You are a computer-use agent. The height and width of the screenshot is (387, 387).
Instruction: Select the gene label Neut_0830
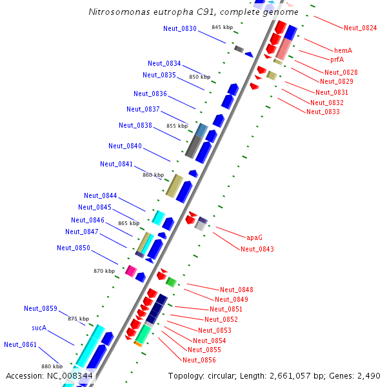[180, 28]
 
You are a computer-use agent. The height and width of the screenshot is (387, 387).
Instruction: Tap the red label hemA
[343, 50]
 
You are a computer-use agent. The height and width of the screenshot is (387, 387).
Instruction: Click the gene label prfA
[337, 59]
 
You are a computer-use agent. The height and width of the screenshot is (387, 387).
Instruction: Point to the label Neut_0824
[361, 28]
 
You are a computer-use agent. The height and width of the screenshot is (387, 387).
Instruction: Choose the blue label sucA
[39, 328]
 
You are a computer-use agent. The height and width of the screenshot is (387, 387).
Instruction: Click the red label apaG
[255, 237]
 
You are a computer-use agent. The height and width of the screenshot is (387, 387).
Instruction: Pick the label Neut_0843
[257, 249]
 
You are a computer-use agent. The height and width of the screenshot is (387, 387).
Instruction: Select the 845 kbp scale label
[222, 27]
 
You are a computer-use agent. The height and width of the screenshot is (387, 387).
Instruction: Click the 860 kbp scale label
[154, 175]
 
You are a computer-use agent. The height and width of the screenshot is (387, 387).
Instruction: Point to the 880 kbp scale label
[52, 366]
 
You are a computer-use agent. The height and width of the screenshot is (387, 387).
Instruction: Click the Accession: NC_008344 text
[49, 375]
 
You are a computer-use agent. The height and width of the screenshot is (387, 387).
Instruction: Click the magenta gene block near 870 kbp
[131, 271]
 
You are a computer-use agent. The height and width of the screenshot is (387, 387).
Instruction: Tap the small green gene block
[171, 282]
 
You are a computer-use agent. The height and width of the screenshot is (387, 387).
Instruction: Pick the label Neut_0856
[199, 360]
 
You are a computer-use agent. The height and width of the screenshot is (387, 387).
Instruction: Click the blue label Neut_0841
[117, 164]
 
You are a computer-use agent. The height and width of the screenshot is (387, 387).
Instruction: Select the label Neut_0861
[21, 344]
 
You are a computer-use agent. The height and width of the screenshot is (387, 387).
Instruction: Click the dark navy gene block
[156, 308]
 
